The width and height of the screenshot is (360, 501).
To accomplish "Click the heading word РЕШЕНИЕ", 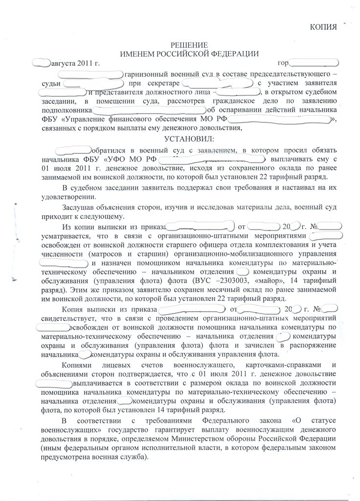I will click(182, 45).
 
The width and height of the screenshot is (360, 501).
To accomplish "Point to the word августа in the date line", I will click(64, 63).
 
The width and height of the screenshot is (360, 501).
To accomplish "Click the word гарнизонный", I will click(146, 74).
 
